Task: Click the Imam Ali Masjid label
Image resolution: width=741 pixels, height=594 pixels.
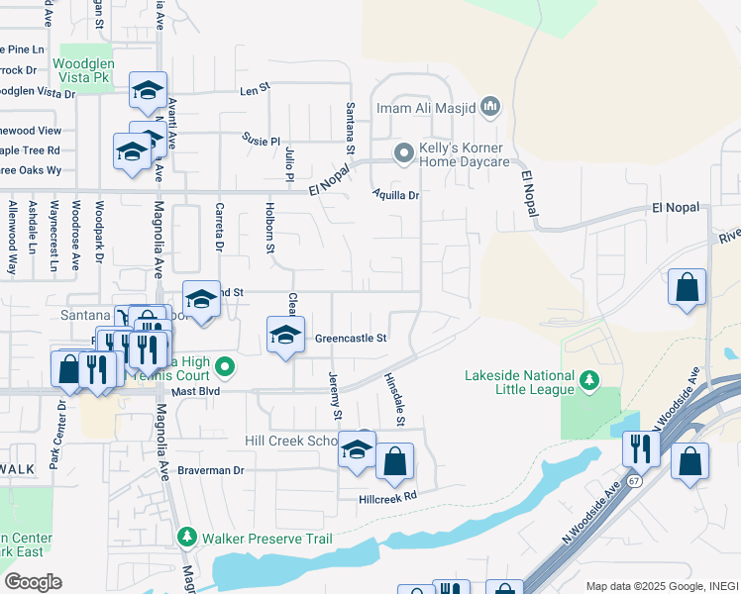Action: pos(437,106)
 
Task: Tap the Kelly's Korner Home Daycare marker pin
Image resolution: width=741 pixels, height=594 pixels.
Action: pos(403,153)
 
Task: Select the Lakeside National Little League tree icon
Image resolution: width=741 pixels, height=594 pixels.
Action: pos(589,380)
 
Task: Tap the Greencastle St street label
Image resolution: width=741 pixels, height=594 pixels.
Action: pos(350,339)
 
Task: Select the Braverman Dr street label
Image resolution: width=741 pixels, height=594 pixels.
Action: pos(210,470)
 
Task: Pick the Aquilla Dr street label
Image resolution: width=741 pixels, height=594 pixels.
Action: pos(396,195)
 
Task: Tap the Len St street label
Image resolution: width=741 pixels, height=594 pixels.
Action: pos(255,89)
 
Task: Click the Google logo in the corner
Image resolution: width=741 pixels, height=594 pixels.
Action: pos(33,582)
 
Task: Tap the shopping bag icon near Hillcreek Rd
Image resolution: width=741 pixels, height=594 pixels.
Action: pos(394,460)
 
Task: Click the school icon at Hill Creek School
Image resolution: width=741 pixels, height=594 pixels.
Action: pos(357,450)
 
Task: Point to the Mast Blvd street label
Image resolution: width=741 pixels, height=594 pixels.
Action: pos(194,392)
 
